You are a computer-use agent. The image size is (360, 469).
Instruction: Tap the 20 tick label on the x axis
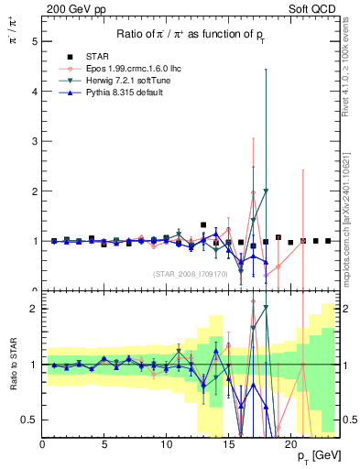click(289, 443)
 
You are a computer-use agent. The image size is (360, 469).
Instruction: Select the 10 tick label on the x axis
click(166, 443)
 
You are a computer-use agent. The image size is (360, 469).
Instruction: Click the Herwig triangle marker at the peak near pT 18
click(266, 191)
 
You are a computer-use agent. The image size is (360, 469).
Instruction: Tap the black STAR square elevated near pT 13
click(203, 224)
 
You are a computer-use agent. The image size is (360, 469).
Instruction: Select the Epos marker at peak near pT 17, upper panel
click(253, 193)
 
